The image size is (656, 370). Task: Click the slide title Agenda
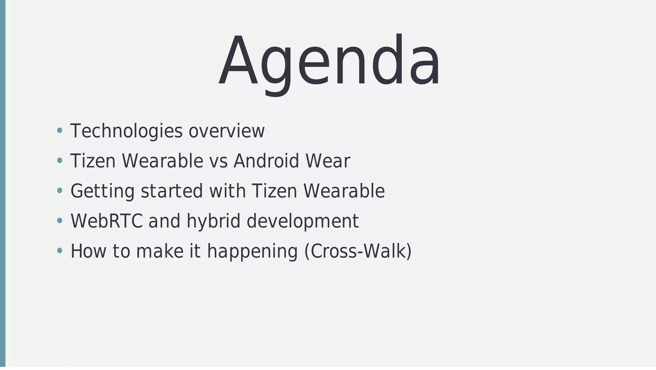point(329,61)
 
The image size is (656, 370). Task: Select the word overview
point(227,131)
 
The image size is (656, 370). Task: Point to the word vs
point(218,161)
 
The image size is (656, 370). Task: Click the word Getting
point(102,191)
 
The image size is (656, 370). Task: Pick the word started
point(172,191)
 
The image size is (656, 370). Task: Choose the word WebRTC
point(107,221)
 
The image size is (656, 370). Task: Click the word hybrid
point(213,221)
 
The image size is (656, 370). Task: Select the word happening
point(253,251)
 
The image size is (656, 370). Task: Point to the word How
point(88,251)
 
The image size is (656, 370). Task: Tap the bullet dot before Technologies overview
point(59,130)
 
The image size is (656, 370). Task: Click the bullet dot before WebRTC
point(59,221)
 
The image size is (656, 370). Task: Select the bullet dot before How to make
point(59,251)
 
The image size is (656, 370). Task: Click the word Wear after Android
point(328,161)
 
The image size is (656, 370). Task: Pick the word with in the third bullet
point(227,191)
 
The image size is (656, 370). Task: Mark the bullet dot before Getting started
point(59,191)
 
